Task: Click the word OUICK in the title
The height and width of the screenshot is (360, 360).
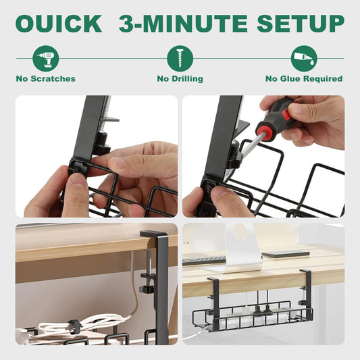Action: click(x=59, y=24)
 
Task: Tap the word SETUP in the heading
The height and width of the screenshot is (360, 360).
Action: click(x=300, y=24)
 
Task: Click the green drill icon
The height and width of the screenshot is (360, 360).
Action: click(x=46, y=58)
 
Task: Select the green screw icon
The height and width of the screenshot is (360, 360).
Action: click(x=180, y=58)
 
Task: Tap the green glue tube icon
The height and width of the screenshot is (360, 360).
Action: click(x=303, y=58)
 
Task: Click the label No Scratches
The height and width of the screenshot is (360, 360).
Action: click(x=46, y=79)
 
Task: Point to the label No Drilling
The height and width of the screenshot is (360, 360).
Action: click(x=180, y=79)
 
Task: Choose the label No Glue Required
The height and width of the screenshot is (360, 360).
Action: click(x=303, y=79)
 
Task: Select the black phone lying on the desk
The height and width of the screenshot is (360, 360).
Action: click(x=286, y=255)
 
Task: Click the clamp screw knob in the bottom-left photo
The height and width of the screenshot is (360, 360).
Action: click(x=146, y=288)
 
